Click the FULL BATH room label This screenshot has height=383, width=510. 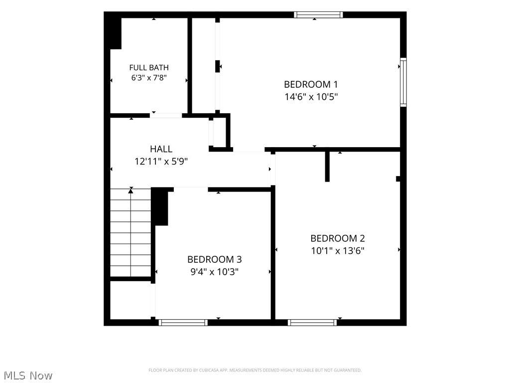click(x=149, y=67)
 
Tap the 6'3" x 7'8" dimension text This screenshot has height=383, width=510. click(x=149, y=78)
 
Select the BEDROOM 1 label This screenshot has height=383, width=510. click(x=311, y=84)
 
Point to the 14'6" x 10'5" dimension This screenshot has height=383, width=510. click(x=311, y=97)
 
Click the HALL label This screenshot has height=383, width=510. click(x=161, y=149)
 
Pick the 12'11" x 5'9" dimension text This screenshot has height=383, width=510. click(x=161, y=161)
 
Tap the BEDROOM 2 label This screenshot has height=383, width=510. click(x=338, y=238)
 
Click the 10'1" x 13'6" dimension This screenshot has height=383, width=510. click(x=338, y=251)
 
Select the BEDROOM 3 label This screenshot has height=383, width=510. click(x=215, y=259)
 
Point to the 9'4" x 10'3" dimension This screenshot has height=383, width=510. click(x=215, y=272)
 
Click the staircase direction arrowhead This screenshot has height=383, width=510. click(x=131, y=191)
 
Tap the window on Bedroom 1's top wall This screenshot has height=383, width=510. click(x=318, y=14)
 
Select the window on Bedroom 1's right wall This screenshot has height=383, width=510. click(x=403, y=82)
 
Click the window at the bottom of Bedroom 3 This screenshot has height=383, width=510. click(x=183, y=323)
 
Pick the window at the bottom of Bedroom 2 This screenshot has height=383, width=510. click(x=312, y=323)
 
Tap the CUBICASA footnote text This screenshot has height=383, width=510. click(x=255, y=370)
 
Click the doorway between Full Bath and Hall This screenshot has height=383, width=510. click(x=166, y=115)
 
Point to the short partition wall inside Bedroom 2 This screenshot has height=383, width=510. click(x=327, y=167)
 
